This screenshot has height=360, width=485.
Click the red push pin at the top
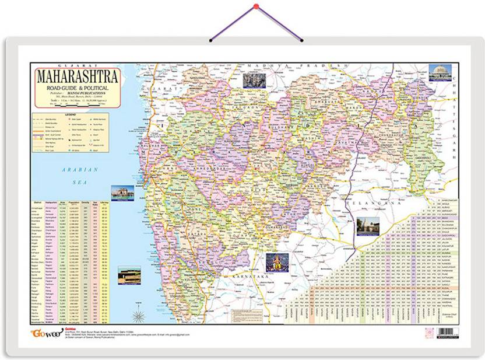(255, 6)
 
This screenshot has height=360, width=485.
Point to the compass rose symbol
(139, 316)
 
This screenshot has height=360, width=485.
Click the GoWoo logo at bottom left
(44, 333)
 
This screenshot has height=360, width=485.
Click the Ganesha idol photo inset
(277, 262)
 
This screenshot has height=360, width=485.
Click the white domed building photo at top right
(440, 72)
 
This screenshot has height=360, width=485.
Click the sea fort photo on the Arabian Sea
(129, 275)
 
